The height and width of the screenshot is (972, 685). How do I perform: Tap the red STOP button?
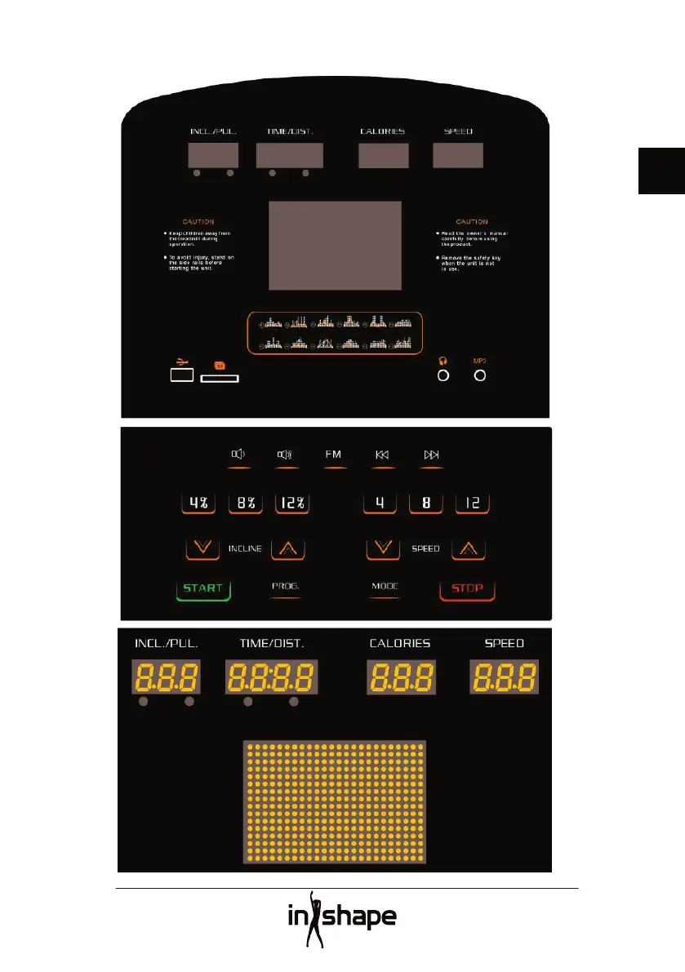(x=468, y=588)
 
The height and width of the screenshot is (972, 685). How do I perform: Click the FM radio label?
(x=333, y=455)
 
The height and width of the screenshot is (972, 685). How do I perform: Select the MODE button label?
(x=385, y=587)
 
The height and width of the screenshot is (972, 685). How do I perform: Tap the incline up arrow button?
(x=288, y=548)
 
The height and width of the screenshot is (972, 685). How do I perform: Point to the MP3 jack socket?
(x=480, y=375)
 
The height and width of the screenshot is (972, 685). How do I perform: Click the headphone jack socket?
(x=443, y=375)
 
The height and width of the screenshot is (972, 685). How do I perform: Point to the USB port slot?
(x=182, y=375)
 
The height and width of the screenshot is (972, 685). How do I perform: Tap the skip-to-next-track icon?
(x=432, y=455)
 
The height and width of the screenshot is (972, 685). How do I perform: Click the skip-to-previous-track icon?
(x=383, y=455)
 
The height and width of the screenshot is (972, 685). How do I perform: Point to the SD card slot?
(x=220, y=379)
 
